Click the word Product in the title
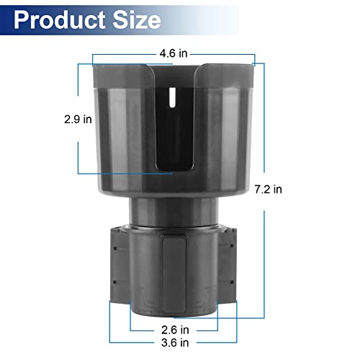point(59,19)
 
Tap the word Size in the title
point(134,19)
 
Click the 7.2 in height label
point(267,189)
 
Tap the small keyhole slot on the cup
point(171,96)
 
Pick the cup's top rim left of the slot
point(122,67)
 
